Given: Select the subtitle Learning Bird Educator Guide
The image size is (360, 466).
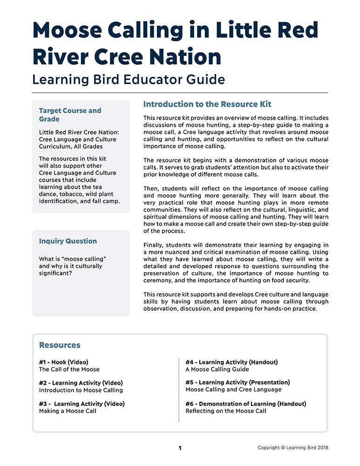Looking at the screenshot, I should click(x=128, y=79).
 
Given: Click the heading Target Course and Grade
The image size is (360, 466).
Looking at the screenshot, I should click(x=70, y=115).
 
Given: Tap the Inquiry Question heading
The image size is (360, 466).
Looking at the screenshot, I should click(x=68, y=241).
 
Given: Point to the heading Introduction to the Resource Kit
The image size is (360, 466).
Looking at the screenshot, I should click(x=207, y=104).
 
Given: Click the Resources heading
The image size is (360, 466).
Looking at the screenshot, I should click(x=60, y=345).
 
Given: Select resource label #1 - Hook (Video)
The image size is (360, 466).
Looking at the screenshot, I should click(x=64, y=362).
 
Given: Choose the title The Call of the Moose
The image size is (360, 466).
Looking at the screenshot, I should click(x=69, y=370).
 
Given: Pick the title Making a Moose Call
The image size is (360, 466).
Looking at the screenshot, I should click(x=68, y=411).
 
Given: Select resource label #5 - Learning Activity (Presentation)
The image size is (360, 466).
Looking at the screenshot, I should click(x=238, y=383).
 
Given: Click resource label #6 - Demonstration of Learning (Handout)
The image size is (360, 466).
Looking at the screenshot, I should click(x=245, y=404).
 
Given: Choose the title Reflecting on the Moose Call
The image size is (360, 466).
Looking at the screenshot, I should click(x=226, y=411).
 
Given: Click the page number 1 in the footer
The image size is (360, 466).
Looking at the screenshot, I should click(x=180, y=448).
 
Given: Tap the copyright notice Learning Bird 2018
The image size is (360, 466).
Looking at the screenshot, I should click(x=293, y=448).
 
